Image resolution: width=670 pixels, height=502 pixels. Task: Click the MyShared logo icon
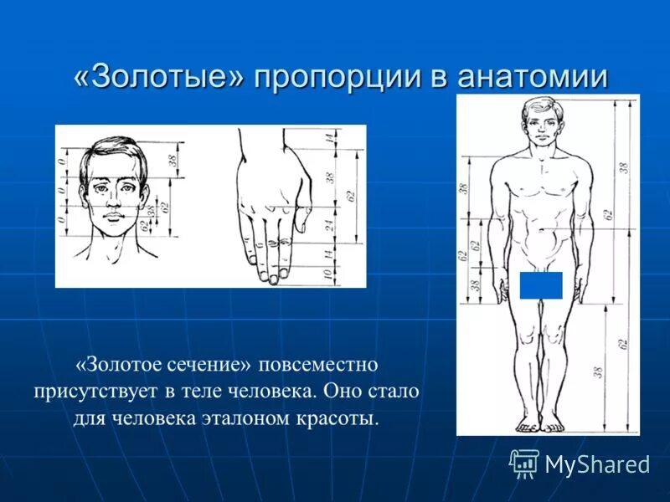coord(524,464)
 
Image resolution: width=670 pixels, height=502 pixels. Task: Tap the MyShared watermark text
coord(597,464)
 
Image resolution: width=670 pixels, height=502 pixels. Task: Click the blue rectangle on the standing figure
coord(540,285)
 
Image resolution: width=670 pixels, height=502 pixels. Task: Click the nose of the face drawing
coord(111,202)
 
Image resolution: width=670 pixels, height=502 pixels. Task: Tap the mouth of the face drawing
coord(111,218)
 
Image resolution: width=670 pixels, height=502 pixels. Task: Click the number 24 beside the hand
coord(330,224)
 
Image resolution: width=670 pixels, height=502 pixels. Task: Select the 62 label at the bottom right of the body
coord(622,343)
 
